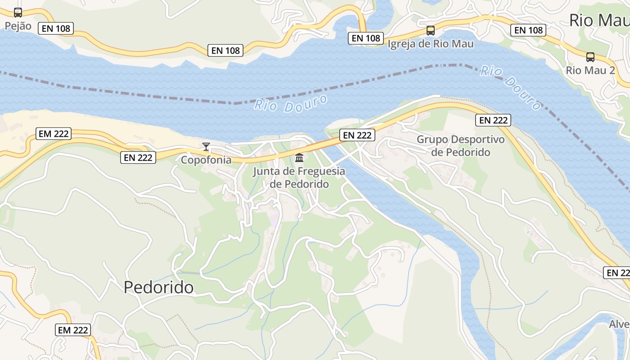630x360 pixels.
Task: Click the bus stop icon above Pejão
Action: coord(18,13)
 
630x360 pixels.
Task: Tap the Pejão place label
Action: coord(18,26)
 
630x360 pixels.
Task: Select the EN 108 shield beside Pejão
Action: coord(56,28)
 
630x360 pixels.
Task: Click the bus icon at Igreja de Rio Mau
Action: coord(431,31)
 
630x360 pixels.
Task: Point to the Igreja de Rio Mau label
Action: coord(431,44)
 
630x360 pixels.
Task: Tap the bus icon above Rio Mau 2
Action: coord(590,57)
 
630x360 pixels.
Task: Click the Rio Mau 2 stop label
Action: coord(590,71)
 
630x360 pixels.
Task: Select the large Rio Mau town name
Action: coord(599,20)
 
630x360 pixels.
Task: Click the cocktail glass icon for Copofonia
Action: coord(206,147)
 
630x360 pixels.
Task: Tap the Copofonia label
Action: coord(206,160)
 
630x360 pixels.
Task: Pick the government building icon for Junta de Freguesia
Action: coord(299,158)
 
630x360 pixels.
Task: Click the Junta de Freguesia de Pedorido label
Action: coord(299,178)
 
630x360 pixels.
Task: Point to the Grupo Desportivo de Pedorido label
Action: coord(460,146)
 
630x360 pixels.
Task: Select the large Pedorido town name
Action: coord(159,287)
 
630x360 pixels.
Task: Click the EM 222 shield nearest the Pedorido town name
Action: coord(73,330)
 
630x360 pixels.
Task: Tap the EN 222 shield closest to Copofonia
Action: coord(138,157)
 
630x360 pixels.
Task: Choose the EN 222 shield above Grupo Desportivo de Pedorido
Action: coord(493,120)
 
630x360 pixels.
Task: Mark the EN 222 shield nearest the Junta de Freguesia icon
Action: coord(357,135)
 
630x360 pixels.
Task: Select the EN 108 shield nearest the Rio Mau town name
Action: coord(528,30)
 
